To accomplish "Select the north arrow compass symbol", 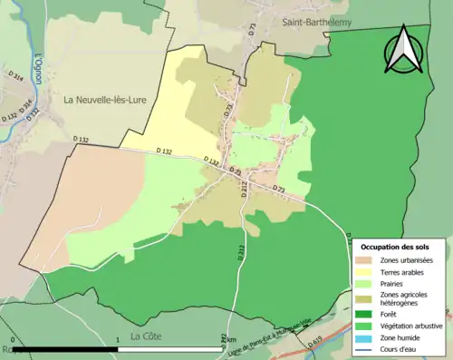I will point(404,52).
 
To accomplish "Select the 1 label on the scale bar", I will point(118,341).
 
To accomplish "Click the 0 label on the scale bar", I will point(14,341).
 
